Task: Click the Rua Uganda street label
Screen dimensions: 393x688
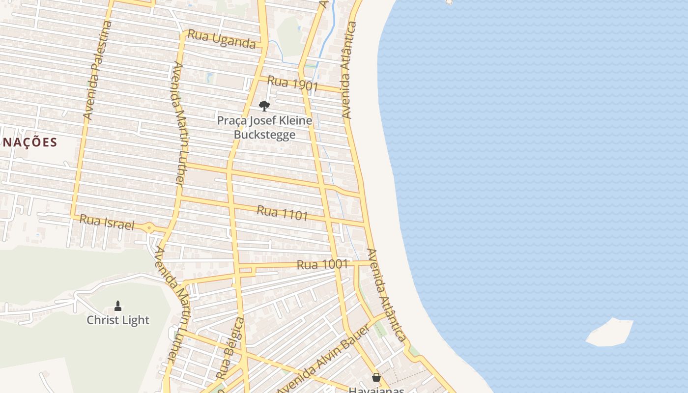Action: [x=222, y=39]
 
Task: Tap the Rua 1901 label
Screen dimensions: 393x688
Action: [x=293, y=84]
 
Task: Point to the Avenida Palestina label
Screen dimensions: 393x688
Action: [x=98, y=70]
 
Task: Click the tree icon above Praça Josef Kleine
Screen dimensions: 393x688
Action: [x=264, y=106]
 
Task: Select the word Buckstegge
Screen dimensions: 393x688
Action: [x=264, y=135]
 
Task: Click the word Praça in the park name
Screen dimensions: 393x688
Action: [x=230, y=120]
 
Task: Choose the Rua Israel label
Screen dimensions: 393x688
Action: [x=107, y=222]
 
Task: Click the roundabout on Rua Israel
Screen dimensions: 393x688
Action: [x=149, y=228]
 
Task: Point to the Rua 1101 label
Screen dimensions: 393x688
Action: [x=283, y=213]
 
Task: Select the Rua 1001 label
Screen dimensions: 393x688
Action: [x=322, y=264]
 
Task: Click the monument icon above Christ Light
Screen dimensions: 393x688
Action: [x=118, y=306]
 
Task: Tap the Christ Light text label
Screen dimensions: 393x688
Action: [x=118, y=320]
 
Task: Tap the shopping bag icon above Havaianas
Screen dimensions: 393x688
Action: [x=376, y=377]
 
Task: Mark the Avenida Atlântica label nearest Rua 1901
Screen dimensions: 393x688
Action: [x=347, y=70]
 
